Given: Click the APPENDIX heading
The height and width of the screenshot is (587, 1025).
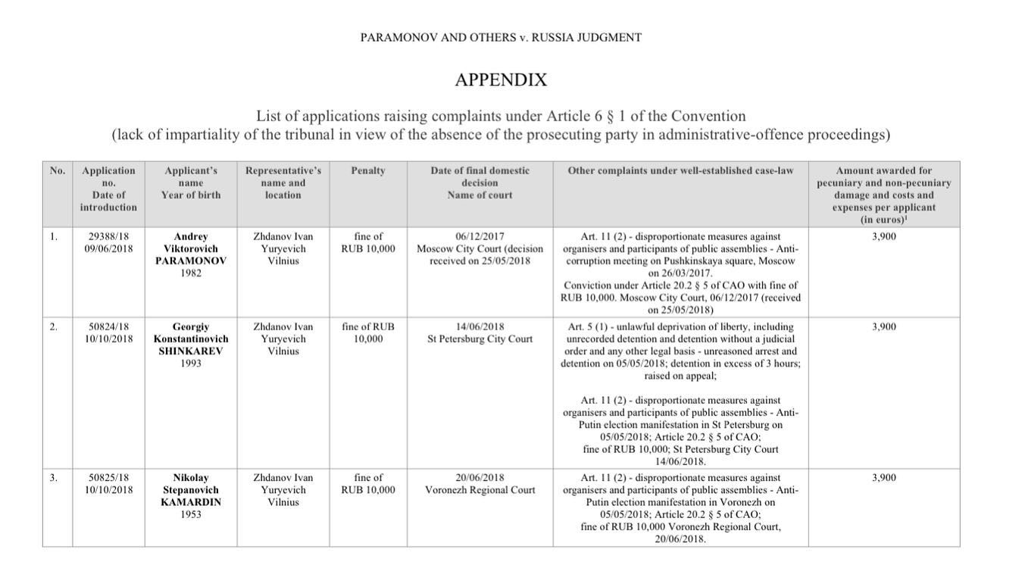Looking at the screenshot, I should point(501,80).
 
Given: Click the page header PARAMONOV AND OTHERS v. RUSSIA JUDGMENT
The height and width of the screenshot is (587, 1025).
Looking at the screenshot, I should point(501,37).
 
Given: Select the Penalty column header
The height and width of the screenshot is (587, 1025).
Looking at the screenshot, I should point(368,171).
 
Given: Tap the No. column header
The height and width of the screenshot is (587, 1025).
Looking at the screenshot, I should point(58,171).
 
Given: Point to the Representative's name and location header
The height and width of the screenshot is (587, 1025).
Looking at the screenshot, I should point(283,183).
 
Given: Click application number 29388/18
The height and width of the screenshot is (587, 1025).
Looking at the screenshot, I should point(108,236).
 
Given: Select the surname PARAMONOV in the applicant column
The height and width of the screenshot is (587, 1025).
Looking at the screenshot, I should point(191,261).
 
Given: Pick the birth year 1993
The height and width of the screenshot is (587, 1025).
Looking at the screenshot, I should point(191,364).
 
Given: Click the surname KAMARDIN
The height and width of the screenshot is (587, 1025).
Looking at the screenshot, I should point(191,502).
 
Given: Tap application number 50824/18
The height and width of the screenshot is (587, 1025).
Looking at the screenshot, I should point(108,327).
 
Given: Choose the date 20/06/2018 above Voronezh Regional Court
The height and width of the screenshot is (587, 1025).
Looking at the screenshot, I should point(480,478).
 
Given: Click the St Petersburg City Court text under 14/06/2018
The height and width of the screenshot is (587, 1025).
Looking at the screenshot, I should point(480,339).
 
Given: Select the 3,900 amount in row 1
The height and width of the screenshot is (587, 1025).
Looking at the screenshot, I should point(883,236).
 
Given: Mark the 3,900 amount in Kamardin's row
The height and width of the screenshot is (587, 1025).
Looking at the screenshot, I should point(883,478).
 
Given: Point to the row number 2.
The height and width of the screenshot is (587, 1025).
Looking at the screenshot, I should point(53,327).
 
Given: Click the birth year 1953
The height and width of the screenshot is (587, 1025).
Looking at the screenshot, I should point(191,514).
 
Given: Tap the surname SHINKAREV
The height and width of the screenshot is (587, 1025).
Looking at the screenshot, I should point(191,351).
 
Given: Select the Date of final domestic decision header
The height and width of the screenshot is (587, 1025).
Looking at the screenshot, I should point(480,183).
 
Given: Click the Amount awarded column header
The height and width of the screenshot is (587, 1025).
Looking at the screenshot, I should point(883,195).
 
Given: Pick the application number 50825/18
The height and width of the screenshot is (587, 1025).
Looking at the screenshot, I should point(108,478).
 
